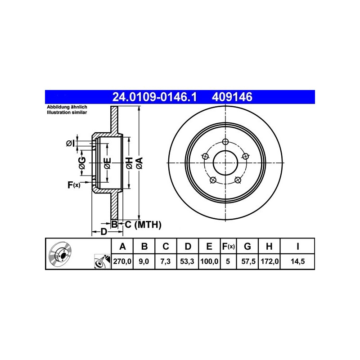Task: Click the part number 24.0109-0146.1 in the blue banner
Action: [154, 97]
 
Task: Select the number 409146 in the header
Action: [232, 97]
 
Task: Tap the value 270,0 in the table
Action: [122, 261]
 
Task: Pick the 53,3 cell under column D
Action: [187, 261]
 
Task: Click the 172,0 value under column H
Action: [270, 261]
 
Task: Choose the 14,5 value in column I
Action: [298, 261]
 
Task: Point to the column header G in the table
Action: [247, 246]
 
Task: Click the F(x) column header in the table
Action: [228, 246]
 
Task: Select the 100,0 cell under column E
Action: [209, 261]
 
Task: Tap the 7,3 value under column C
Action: [165, 261]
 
